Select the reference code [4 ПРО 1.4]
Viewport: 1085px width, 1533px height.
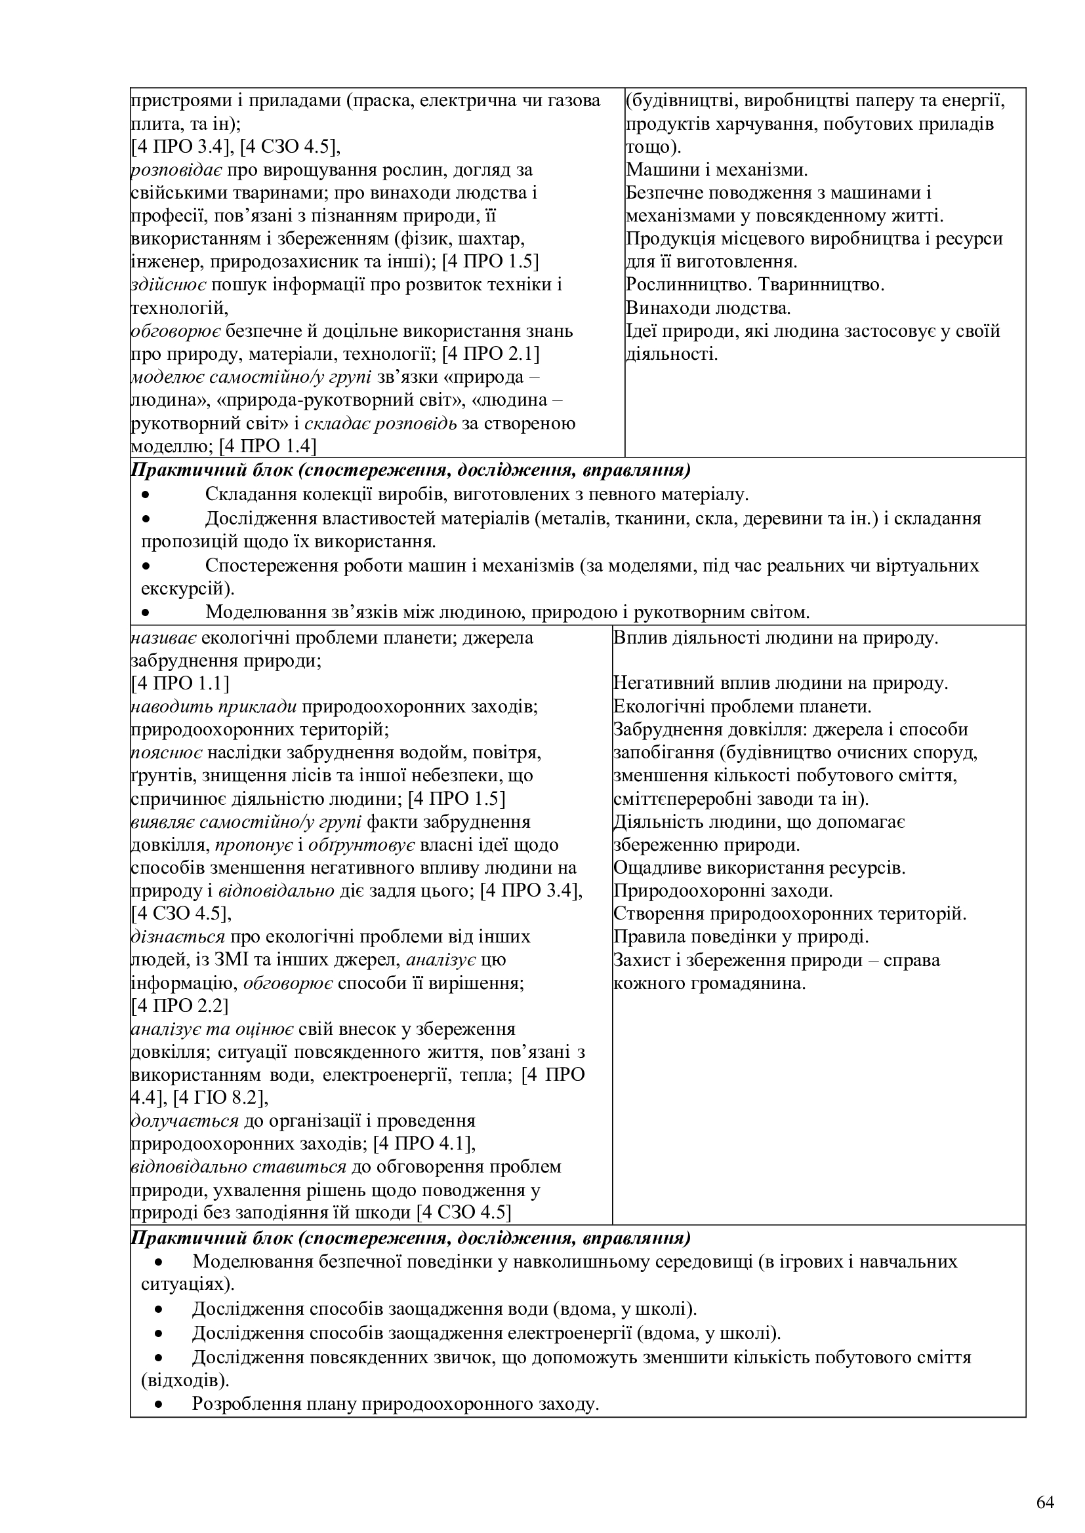click(x=268, y=446)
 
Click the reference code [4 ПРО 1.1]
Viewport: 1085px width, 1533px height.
click(x=180, y=683)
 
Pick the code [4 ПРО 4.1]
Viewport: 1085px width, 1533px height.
click(x=424, y=1143)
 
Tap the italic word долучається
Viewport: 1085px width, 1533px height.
click(x=184, y=1120)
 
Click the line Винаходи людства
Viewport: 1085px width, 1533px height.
click(x=708, y=309)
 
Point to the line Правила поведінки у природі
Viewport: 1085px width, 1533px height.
click(x=740, y=937)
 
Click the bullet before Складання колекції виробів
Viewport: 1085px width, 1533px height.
click(x=146, y=495)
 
